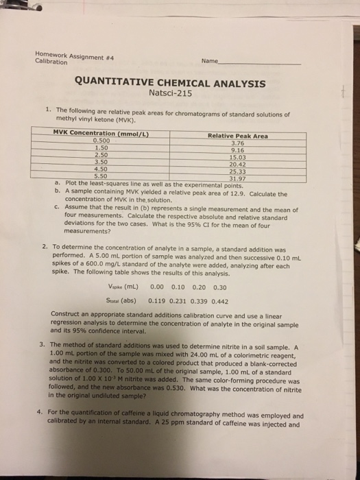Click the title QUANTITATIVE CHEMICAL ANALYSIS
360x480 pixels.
coord(179,83)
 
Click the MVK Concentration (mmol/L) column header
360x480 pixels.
coord(101,133)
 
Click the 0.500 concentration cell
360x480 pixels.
coord(100,140)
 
